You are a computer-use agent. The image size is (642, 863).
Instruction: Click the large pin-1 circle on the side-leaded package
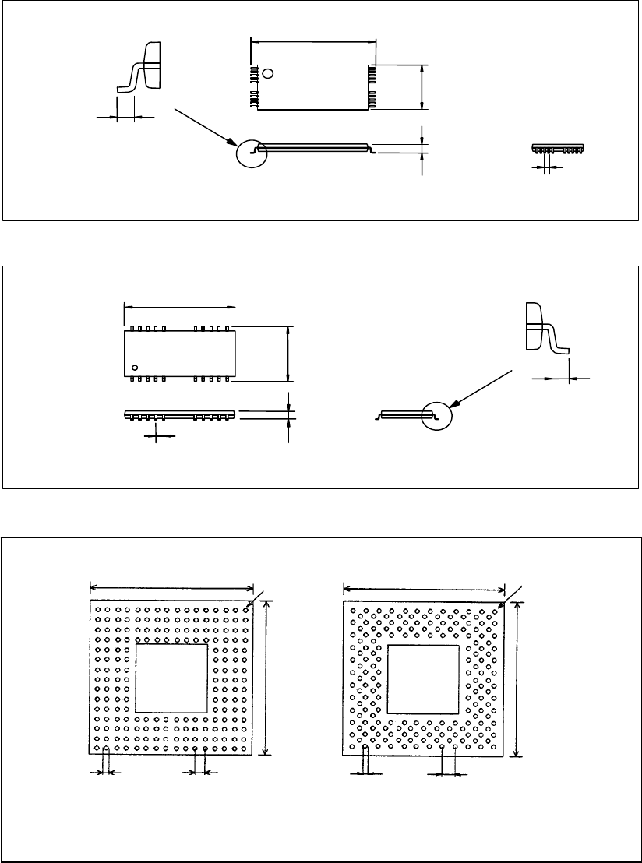click(268, 74)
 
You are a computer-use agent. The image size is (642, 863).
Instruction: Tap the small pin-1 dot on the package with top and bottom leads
click(135, 367)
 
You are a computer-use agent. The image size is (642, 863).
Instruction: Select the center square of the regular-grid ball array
click(171, 678)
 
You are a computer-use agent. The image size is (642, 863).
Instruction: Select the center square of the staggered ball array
click(423, 679)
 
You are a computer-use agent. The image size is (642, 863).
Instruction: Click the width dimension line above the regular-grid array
click(172, 587)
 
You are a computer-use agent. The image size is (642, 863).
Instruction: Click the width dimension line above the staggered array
click(425, 589)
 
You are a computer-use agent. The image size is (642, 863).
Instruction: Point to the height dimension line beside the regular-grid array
click(267, 675)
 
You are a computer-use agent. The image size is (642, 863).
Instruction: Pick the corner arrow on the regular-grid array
click(252, 601)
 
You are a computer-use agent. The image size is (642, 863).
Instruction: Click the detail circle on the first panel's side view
click(252, 153)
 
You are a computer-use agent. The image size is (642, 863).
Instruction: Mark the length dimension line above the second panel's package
click(179, 305)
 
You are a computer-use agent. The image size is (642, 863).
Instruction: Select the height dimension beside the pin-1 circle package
click(422, 86)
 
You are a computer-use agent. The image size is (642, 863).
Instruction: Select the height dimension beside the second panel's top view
click(290, 354)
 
